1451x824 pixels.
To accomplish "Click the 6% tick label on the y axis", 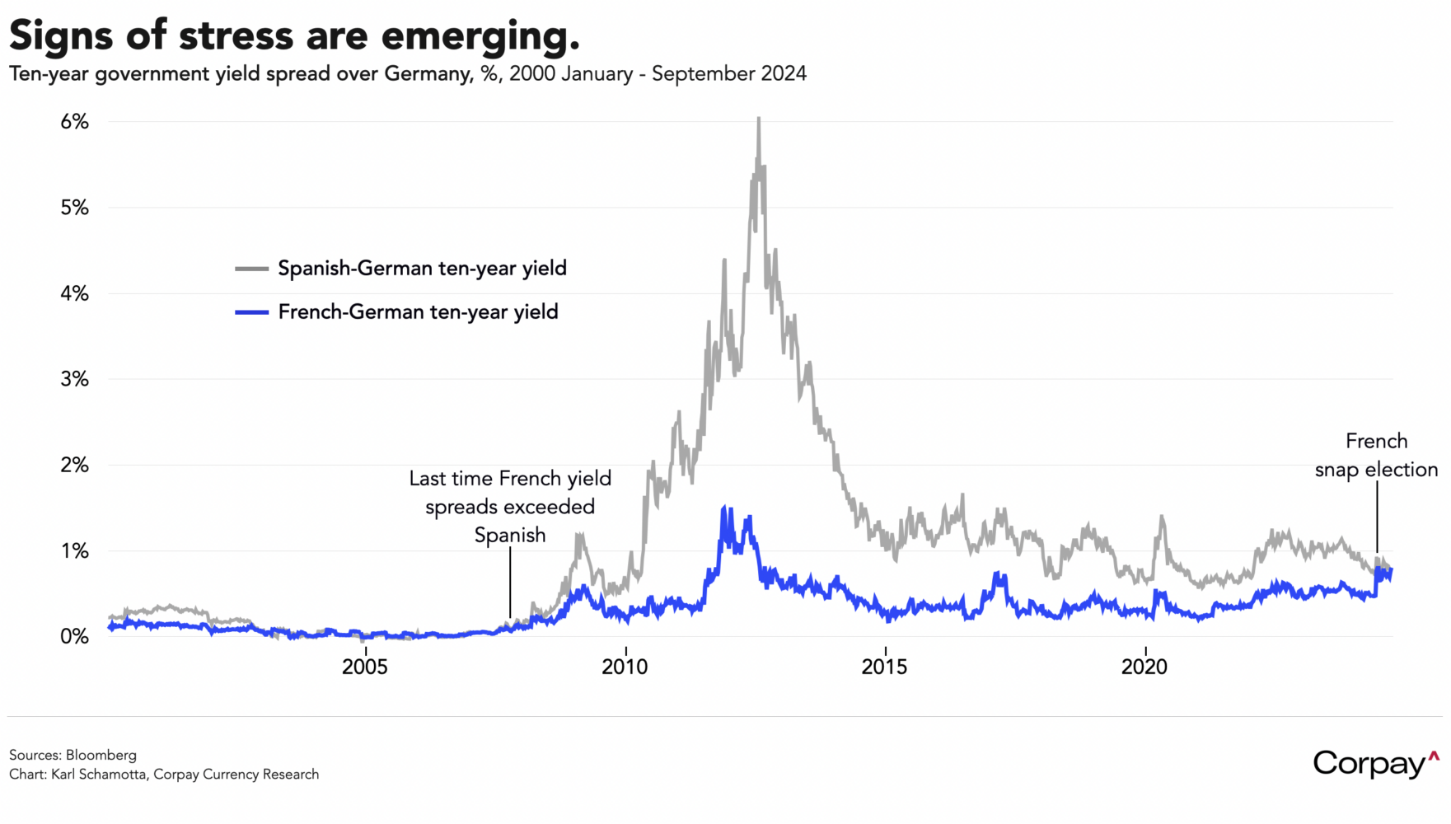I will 74,122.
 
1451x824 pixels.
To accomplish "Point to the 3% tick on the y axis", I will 74,379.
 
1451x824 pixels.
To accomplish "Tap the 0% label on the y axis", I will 74,636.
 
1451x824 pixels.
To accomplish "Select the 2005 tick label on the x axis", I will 365,667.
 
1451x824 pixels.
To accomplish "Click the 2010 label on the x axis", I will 625,667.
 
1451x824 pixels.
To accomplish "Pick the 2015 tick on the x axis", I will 884,667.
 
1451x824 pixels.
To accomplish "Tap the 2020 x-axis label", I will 1144,667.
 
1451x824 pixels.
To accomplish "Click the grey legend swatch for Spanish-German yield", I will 252,269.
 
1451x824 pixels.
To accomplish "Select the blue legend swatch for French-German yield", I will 252,312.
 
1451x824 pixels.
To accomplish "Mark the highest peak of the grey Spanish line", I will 759,119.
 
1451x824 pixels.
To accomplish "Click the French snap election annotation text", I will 1376,456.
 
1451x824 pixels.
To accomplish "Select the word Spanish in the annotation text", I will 510,536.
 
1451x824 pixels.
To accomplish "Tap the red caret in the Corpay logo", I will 1434,756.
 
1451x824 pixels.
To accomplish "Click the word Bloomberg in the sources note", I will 101,755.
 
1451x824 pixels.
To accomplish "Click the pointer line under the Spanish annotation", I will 510,581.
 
